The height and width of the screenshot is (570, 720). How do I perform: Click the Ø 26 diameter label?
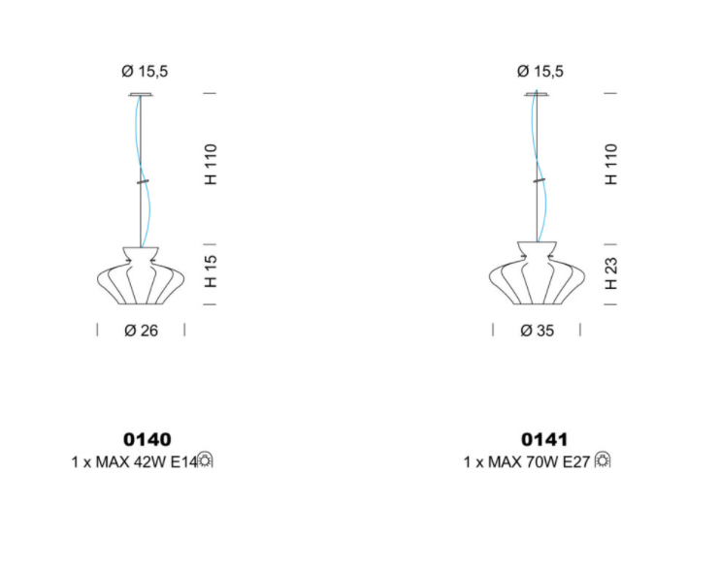click(141, 331)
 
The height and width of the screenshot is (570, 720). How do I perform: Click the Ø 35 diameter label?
click(537, 331)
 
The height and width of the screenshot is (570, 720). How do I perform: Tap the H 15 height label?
click(211, 271)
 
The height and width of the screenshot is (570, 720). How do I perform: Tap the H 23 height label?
click(611, 273)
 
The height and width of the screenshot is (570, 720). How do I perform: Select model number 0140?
click(147, 439)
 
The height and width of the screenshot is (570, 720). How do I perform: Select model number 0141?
click(544, 439)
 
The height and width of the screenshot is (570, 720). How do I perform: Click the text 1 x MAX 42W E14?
click(134, 461)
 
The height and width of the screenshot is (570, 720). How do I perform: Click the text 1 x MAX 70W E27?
click(527, 461)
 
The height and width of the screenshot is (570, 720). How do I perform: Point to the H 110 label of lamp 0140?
click(211, 164)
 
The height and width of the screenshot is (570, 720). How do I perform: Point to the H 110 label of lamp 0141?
click(611, 164)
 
